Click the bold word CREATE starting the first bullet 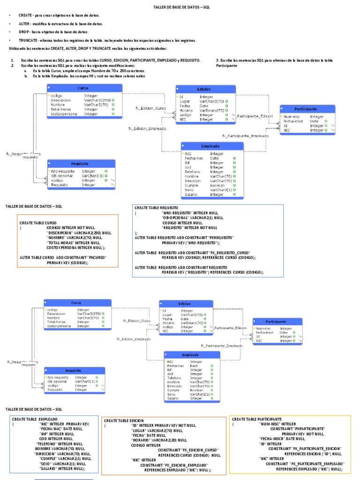pos(25,15)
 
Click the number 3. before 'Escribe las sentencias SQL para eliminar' pos(217,60)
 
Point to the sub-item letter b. pos(26,75)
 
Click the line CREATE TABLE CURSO pos(38,223)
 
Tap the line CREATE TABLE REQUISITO pos(157,207)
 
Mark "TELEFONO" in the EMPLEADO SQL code pos(49,443)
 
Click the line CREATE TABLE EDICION pos(124,421)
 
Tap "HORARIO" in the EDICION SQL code pos(143,440)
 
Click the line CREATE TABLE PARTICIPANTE pos(257,419)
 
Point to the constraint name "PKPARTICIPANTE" pos(305,429)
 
